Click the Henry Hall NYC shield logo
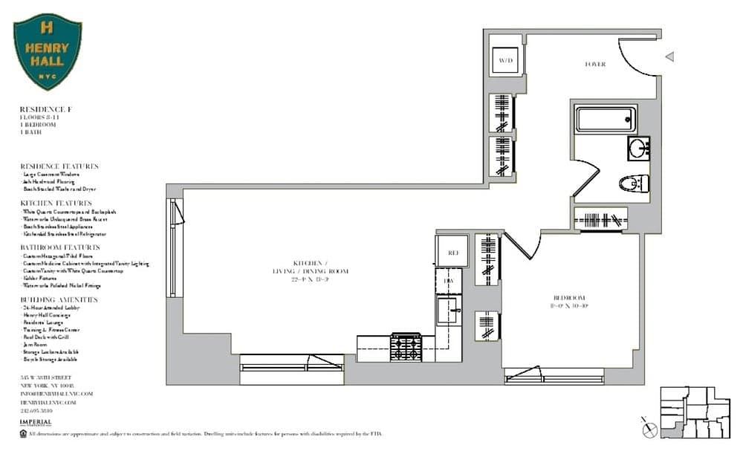tap(48, 51)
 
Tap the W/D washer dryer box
tap(506, 59)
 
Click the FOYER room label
tap(595, 65)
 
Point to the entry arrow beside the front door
tap(669, 56)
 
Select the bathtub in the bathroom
tap(606, 120)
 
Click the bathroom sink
tap(637, 147)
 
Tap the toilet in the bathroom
tap(634, 183)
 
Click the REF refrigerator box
tap(452, 253)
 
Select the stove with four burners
tap(406, 347)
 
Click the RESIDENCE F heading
tap(45, 110)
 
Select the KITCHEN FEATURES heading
tap(56, 203)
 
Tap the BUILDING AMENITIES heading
tap(59, 299)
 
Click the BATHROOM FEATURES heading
tap(60, 247)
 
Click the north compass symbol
tap(649, 429)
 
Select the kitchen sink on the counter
tap(449, 309)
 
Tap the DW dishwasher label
tap(448, 281)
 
